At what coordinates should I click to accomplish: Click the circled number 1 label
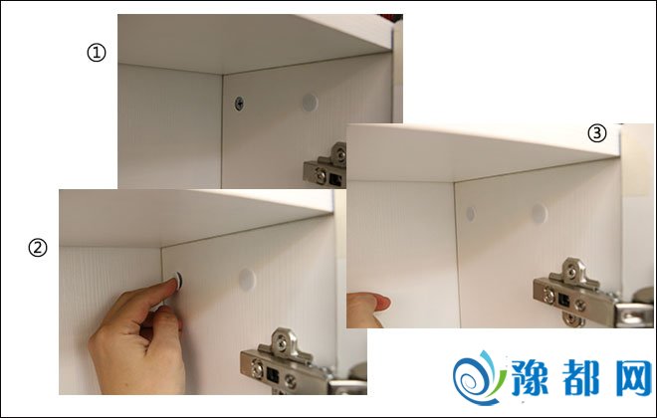pos(97,53)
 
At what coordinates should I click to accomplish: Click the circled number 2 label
pos(38,248)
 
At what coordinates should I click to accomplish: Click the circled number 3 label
pos(597,133)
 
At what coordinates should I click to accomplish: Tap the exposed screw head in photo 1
pos(239,104)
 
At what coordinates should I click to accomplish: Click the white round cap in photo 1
pos(310,103)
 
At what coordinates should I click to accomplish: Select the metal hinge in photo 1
pos(326,165)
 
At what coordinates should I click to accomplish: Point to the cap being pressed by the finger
pos(179,281)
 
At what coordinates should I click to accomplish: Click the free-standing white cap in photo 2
pos(247,280)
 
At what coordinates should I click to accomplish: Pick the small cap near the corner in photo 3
pos(471,214)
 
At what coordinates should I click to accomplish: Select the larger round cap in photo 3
pos(540,213)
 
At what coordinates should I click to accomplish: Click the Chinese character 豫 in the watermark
pos(530,378)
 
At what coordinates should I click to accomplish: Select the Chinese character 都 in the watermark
pos(580,378)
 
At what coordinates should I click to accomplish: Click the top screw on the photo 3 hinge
pos(571,271)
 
